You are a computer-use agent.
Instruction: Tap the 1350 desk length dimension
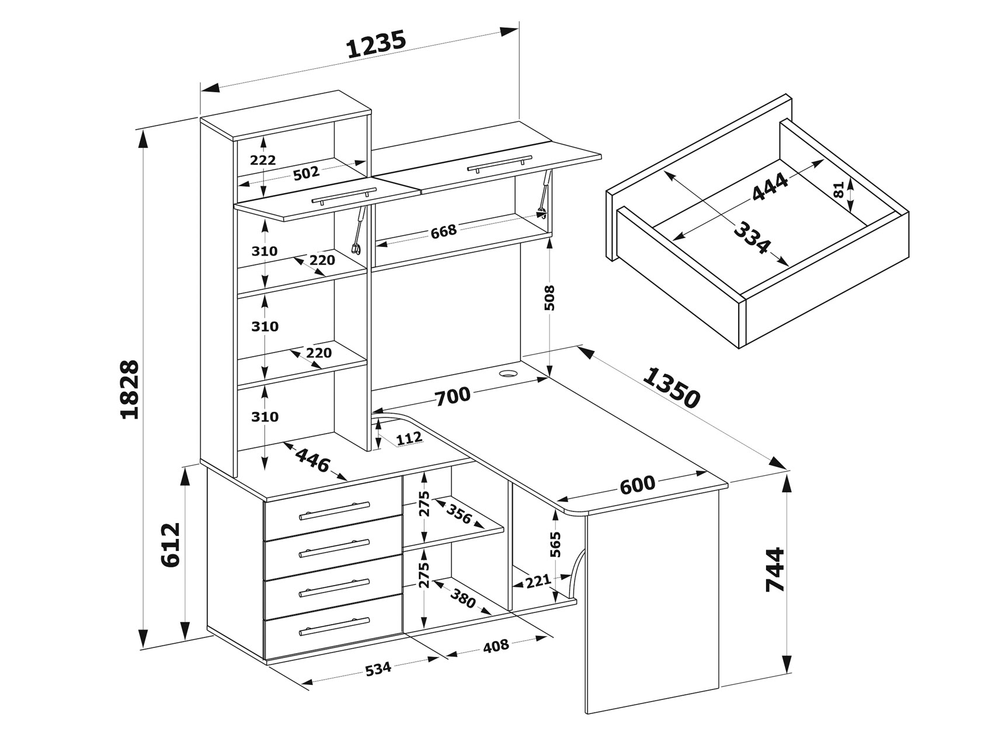tap(671, 388)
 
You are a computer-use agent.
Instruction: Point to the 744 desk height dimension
tap(776, 570)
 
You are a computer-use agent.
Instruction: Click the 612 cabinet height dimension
tap(171, 545)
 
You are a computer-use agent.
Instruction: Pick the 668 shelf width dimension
tap(443, 232)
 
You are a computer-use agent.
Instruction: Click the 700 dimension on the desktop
tap(452, 396)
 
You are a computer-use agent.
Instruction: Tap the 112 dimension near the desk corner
tap(408, 438)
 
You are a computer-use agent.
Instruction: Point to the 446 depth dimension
tap(312, 464)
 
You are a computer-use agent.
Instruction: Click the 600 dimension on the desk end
tap(637, 484)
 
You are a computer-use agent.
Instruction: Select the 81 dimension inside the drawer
tap(839, 190)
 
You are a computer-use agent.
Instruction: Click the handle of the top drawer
tap(333, 510)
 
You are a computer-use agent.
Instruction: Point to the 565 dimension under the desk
tap(556, 544)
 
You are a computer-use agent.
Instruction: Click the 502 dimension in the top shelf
tap(306, 173)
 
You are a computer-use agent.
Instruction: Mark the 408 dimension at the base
tap(496, 646)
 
